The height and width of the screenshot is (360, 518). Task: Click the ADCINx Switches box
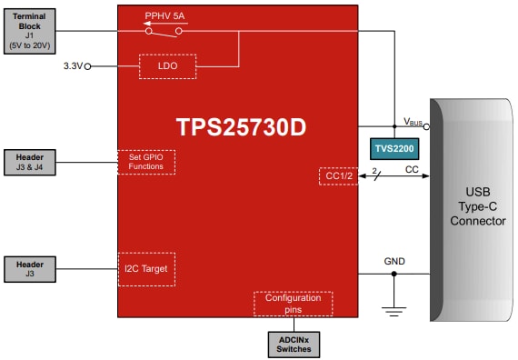pyautogui.click(x=293, y=343)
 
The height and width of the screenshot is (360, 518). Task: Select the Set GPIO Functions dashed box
pyautogui.click(x=145, y=162)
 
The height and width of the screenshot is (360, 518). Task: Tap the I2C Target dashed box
pyautogui.click(x=145, y=269)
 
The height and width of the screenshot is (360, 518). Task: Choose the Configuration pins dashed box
pyautogui.click(x=293, y=303)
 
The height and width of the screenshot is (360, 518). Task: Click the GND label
pyautogui.click(x=393, y=262)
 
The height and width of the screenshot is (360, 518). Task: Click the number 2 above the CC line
pyautogui.click(x=374, y=170)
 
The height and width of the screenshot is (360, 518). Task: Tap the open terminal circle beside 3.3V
pyautogui.click(x=87, y=66)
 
